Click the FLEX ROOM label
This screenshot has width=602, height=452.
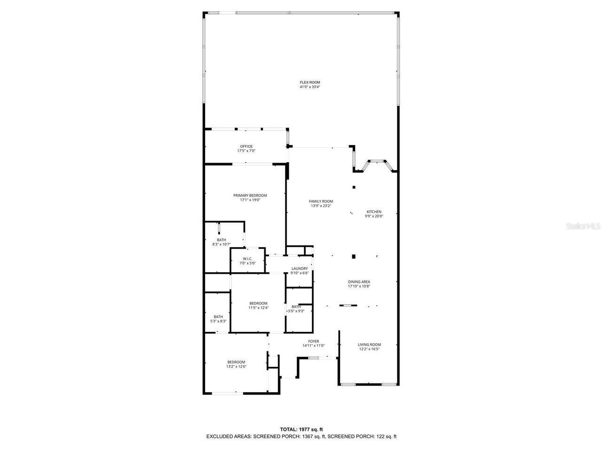point(310,82)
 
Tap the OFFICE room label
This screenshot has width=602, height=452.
point(246,146)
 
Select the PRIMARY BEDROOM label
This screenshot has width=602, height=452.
point(250,195)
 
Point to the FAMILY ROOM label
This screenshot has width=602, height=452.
point(321,201)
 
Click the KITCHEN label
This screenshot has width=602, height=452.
point(374,212)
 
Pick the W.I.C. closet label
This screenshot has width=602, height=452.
point(247,259)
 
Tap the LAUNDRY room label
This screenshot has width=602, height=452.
point(299,268)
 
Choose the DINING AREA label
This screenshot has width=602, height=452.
point(359,282)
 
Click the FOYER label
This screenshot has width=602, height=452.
point(313,341)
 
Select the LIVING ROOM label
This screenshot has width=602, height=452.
point(369,345)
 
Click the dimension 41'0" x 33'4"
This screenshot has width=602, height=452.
point(310,87)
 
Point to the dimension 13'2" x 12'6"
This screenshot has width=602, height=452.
point(236,367)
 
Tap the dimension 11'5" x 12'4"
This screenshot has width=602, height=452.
point(258,308)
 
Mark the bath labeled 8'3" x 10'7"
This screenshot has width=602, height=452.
point(221,242)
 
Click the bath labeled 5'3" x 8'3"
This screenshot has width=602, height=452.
point(218,319)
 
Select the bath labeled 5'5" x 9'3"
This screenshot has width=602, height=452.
point(296,309)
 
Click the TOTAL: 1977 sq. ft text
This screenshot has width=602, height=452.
point(301,429)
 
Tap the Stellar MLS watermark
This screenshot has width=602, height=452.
point(583,226)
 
